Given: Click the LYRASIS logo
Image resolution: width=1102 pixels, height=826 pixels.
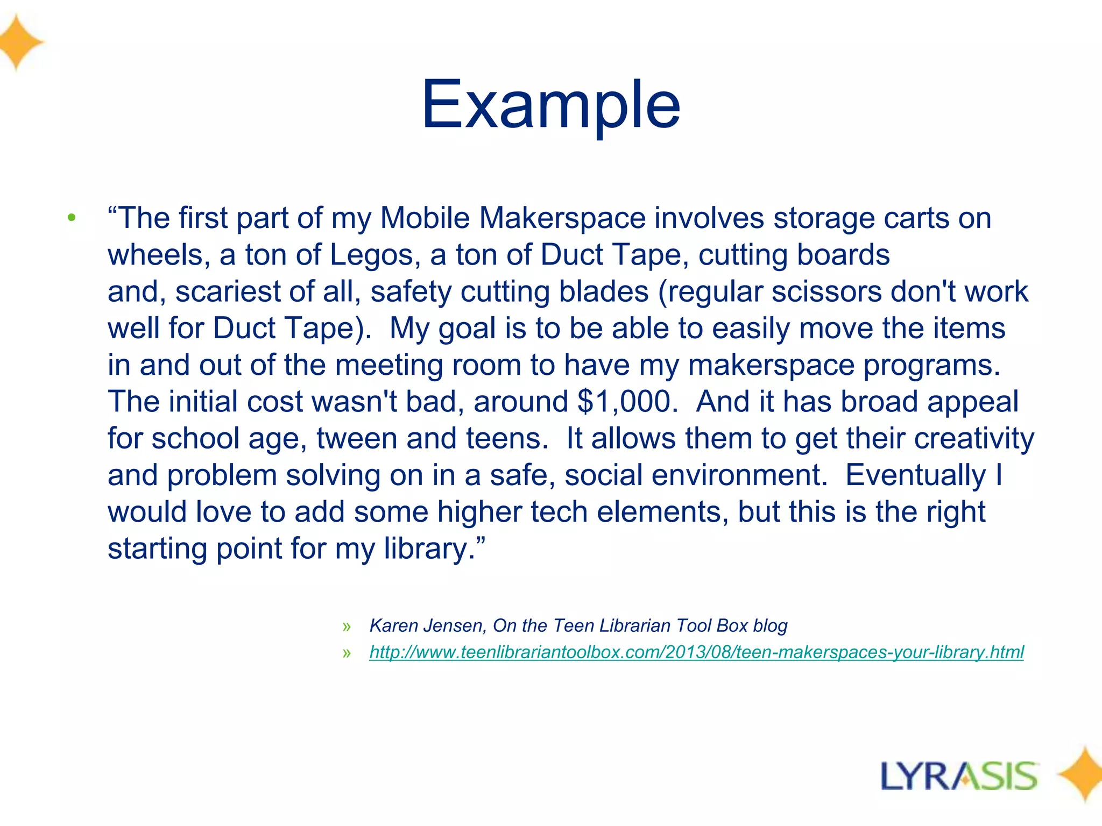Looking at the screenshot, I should point(959,777).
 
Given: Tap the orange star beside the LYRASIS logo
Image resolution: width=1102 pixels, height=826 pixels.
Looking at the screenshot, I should point(1082,774).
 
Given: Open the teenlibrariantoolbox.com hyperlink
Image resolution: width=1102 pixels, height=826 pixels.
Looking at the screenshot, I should point(696,652).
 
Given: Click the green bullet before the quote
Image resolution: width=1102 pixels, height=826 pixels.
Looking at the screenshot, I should point(72,218).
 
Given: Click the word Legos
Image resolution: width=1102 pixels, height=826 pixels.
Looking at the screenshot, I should point(374,255).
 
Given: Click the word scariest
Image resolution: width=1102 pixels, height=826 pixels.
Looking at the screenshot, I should point(228,291).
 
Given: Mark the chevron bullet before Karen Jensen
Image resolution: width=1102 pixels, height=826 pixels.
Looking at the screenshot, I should point(346,626).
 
